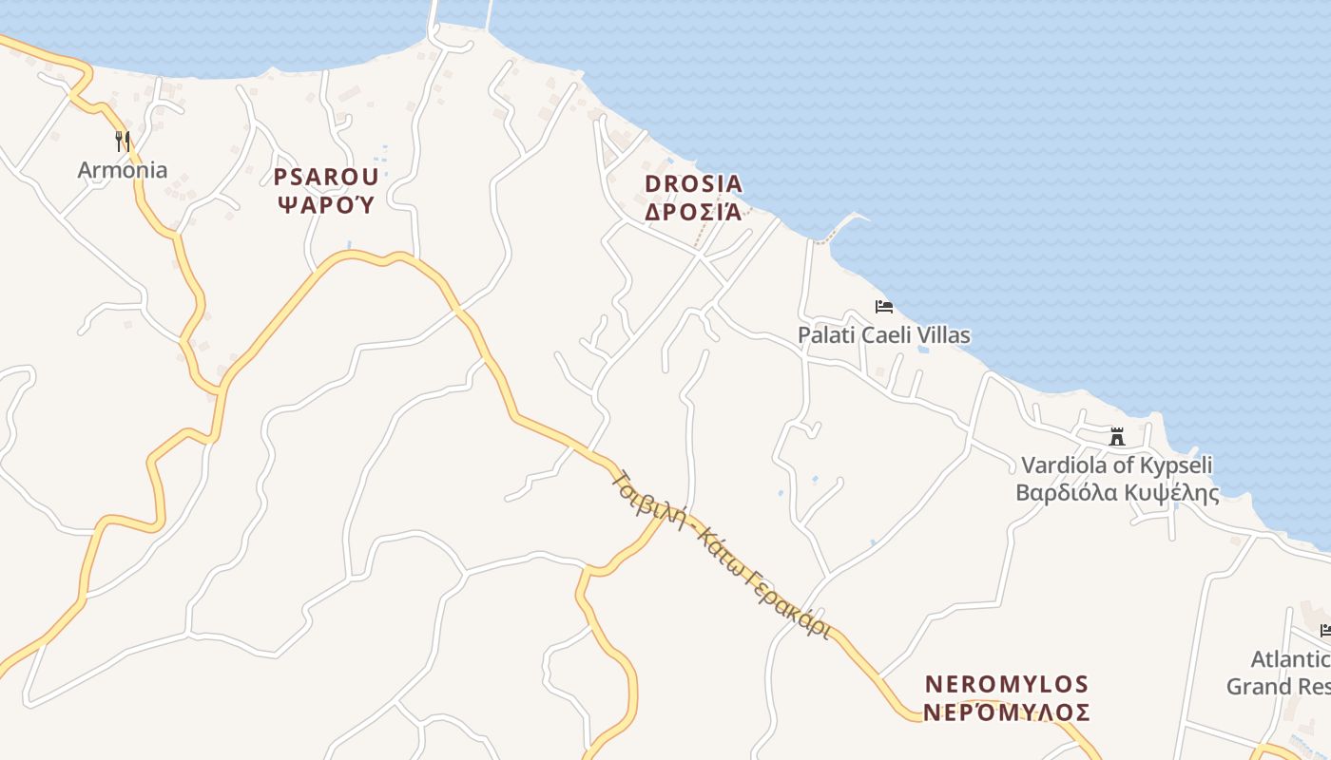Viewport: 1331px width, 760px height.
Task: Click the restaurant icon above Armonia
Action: point(122,142)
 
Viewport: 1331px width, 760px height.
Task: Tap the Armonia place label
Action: point(122,171)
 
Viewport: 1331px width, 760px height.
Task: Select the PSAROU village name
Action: point(326,177)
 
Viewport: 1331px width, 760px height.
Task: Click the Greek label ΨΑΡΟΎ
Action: point(326,203)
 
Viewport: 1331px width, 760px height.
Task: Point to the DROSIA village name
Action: point(693,183)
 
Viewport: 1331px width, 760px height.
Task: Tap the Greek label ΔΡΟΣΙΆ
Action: point(693,211)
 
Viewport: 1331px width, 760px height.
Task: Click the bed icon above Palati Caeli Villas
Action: point(884,307)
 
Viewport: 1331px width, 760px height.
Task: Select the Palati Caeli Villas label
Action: point(884,335)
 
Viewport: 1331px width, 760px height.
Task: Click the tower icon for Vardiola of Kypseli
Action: point(1117,437)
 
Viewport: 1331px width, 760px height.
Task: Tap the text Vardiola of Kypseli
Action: point(1117,465)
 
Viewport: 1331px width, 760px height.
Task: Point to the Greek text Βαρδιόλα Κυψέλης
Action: point(1117,493)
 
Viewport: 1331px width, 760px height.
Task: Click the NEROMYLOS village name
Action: point(1007,684)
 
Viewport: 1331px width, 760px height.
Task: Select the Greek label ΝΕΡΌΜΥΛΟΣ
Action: point(1007,712)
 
